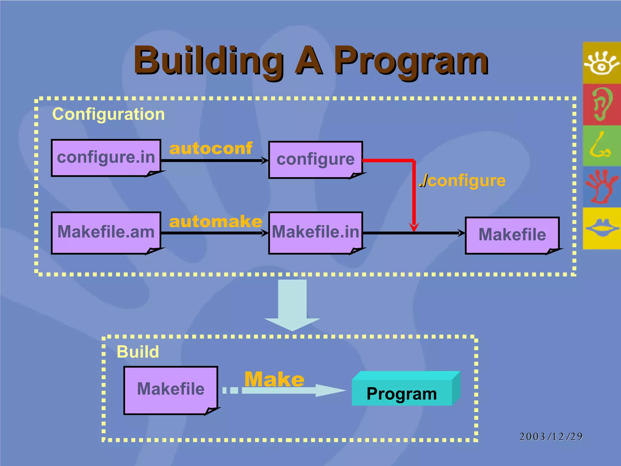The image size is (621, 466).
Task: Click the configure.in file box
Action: [x=106, y=157]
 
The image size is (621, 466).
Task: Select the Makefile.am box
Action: [x=106, y=232]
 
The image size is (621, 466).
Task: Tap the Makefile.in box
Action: [x=315, y=232]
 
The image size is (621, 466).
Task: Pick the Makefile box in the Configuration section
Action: [x=512, y=235]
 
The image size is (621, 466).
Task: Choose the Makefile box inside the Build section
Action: [x=171, y=390]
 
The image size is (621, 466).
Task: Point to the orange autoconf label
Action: [x=211, y=148]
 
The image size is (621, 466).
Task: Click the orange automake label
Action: [x=216, y=221]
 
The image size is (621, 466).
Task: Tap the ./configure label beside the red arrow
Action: [x=462, y=181]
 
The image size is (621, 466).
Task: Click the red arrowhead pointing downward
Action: [x=414, y=227]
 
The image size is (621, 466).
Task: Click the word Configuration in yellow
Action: [x=108, y=114]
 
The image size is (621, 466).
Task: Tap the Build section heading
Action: [x=138, y=352]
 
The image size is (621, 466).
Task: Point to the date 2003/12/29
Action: [x=551, y=437]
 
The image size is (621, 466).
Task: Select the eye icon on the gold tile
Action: [x=602, y=63]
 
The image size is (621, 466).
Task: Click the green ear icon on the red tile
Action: [x=602, y=104]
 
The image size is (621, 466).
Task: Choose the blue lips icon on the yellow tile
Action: [x=602, y=228]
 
